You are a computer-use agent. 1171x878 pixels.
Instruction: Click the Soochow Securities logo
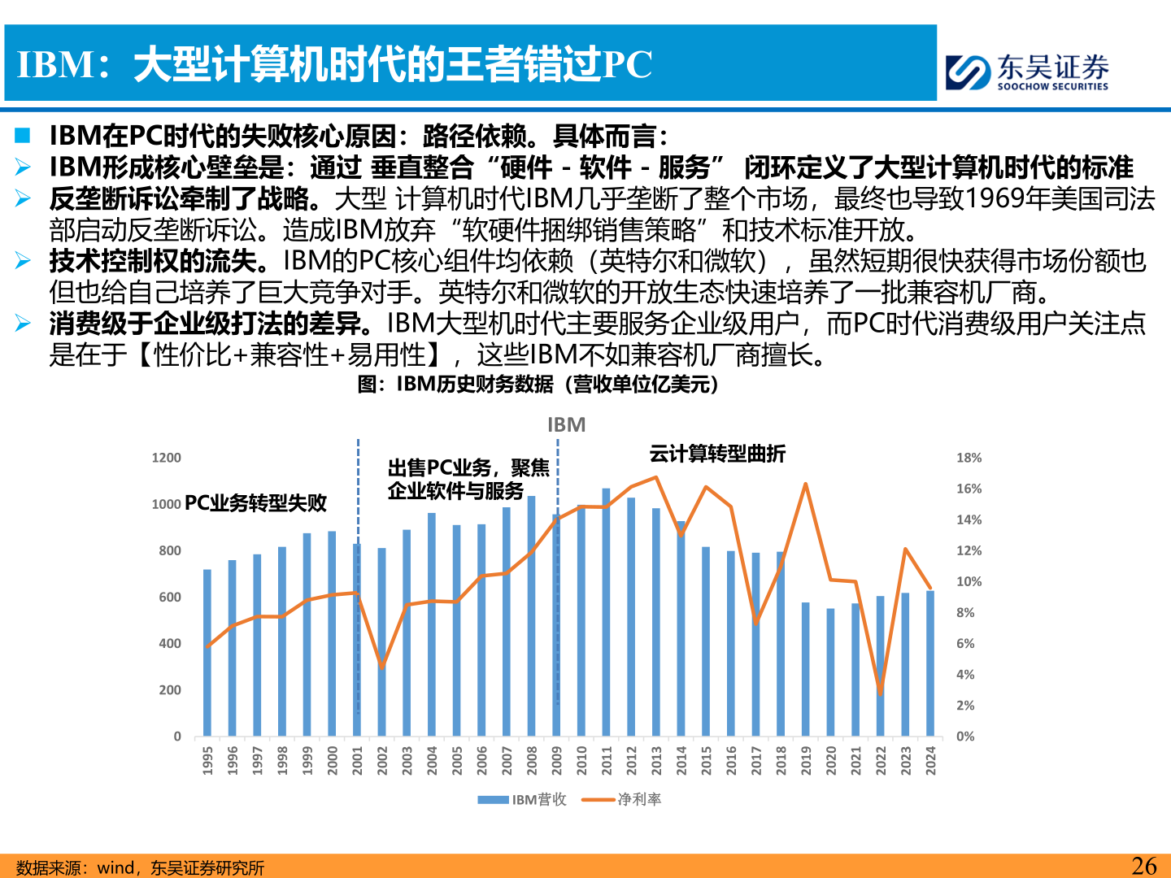point(1026,72)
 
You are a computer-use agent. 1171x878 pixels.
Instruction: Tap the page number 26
point(1143,866)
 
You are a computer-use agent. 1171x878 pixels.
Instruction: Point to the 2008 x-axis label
point(532,760)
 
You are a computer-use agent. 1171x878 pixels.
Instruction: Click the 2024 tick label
point(931,760)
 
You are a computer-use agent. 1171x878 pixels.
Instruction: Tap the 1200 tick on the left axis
point(167,458)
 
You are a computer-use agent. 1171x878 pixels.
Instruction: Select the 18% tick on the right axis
point(969,458)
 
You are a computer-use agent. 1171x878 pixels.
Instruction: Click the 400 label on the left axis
point(170,644)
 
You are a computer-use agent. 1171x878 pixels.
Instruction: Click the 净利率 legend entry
point(639,800)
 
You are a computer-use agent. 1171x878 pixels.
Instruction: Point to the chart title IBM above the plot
point(566,425)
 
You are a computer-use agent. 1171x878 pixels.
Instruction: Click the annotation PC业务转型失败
point(255,503)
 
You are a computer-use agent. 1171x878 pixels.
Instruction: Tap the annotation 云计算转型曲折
point(717,454)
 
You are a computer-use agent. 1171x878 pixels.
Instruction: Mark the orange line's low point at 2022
point(881,693)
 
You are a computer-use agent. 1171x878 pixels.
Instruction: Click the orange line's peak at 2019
point(806,485)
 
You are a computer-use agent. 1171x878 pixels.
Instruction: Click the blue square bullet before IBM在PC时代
point(22,135)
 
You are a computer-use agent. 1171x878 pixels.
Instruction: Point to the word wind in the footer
point(115,868)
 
